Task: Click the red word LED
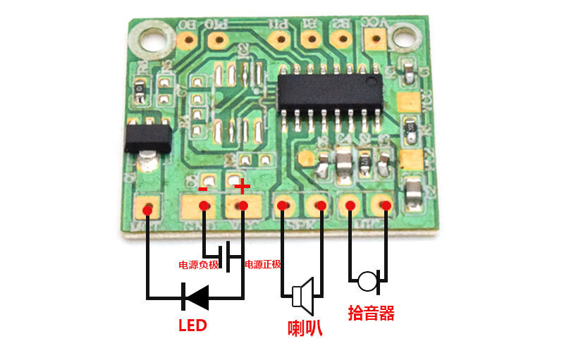pos(192,326)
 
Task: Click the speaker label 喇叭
pos(305,328)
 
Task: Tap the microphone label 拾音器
pos(370,313)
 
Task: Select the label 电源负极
pos(199,265)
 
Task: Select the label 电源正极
pos(262,265)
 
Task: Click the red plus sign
pos(242,187)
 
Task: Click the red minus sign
pos(203,188)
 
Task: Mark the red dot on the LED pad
pos(148,209)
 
